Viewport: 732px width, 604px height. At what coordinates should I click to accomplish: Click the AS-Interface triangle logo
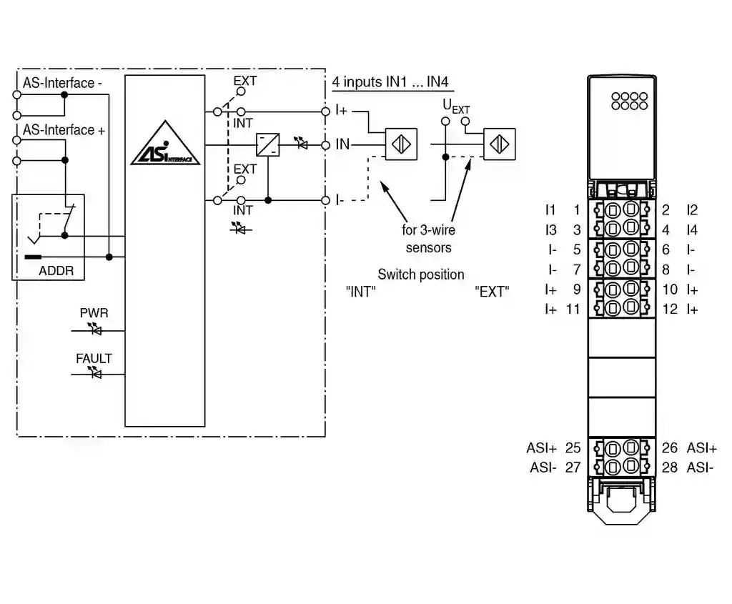pos(165,144)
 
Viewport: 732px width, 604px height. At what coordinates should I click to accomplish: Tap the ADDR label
pos(56,271)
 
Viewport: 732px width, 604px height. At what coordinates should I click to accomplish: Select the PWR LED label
pos(94,313)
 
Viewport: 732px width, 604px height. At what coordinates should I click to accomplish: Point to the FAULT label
pos(94,359)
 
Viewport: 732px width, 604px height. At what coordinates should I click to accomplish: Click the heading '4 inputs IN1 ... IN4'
pos(390,82)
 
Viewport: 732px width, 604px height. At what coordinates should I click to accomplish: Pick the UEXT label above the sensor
pos(456,107)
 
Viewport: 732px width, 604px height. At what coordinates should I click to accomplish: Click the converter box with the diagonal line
pos(268,144)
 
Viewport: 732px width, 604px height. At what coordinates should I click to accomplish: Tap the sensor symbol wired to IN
pos(402,144)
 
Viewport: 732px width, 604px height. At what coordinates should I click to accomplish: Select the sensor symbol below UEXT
pos(500,144)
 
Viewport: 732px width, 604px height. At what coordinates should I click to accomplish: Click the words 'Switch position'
pos(421,274)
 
